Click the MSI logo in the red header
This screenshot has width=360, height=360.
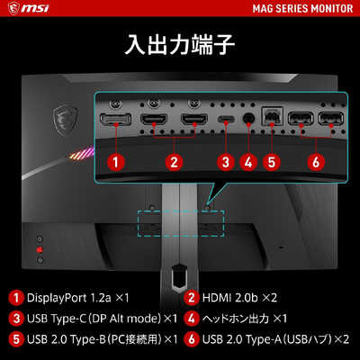coord(29,8)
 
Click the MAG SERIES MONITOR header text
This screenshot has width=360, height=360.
coord(302,8)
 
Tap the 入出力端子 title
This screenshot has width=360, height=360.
coord(179,45)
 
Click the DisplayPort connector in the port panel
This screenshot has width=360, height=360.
coord(115,120)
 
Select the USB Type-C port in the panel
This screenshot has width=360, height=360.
coord(227,119)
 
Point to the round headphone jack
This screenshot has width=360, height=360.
coord(248,118)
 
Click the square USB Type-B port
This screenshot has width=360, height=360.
coord(272,117)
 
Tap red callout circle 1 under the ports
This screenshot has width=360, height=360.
coord(116,162)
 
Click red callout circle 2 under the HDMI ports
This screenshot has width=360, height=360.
coord(175,162)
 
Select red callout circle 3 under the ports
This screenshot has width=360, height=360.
coord(226,162)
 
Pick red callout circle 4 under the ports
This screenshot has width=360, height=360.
coord(248,162)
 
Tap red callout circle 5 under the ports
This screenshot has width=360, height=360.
coord(272,162)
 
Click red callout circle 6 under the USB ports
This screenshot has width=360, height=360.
coord(316,162)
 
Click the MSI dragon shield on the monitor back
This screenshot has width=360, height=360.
coord(65,119)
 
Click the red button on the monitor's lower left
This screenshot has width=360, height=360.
coord(40,249)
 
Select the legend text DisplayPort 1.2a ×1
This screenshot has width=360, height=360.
coord(78,298)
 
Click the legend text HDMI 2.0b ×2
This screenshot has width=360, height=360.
coord(239,298)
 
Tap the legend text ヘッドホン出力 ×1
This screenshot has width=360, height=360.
coord(245,319)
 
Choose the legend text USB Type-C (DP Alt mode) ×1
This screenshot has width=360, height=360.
coord(102,319)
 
